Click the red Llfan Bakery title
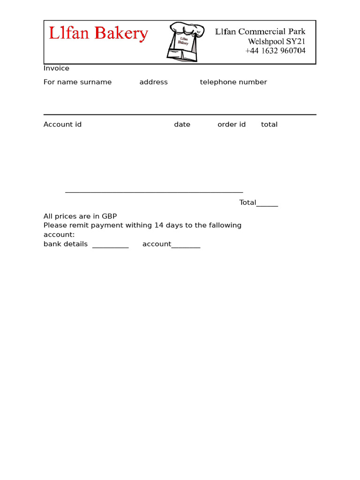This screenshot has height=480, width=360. point(98,33)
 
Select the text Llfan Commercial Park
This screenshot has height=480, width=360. point(260,31)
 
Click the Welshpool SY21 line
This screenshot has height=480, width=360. point(277,41)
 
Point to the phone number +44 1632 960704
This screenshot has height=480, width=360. point(275,51)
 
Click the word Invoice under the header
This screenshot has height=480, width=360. point(56,68)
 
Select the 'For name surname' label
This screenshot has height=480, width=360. point(77,82)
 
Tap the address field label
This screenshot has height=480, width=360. point(153,82)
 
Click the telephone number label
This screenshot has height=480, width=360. point(233,82)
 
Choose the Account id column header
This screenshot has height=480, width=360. point(62,125)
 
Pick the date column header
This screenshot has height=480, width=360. point(182,125)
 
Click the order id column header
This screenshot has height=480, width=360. point(231,125)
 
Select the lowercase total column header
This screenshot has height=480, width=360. point(269,125)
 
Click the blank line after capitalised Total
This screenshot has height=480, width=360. point(267,204)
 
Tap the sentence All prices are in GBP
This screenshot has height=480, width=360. point(80,216)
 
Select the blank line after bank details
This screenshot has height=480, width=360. point(110,247)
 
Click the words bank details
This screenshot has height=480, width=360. point(65,244)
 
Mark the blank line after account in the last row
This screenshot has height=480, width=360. point(186,247)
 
